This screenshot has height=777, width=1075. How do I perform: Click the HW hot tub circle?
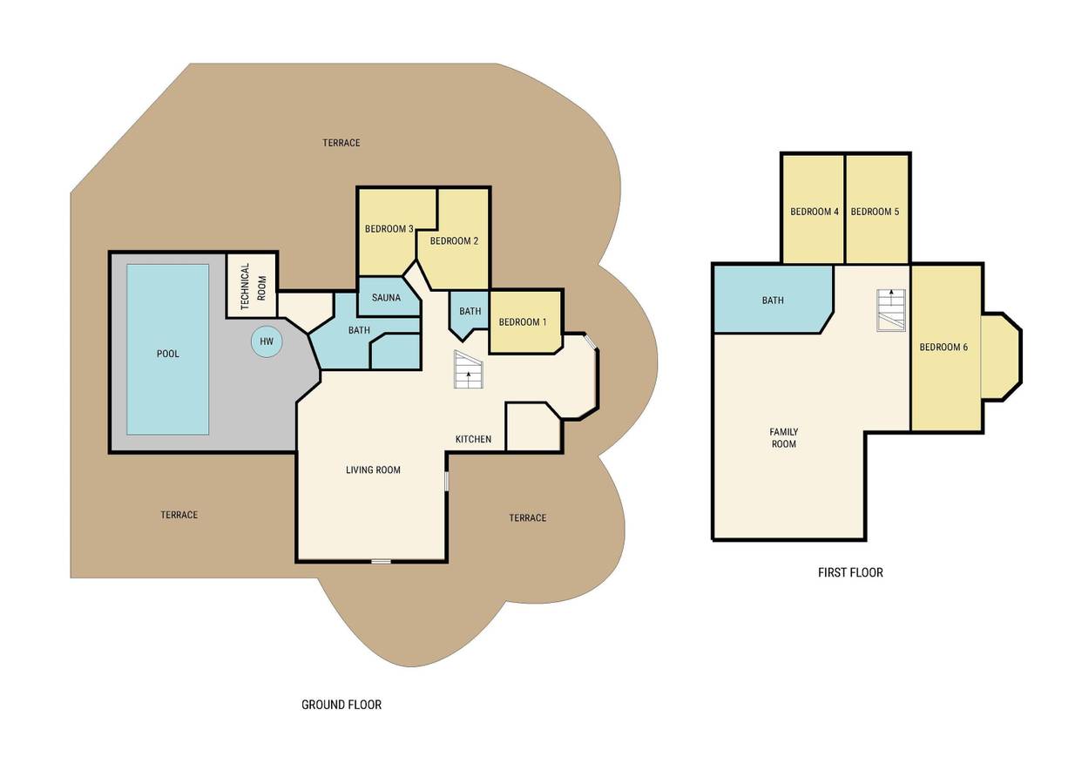point(267,341)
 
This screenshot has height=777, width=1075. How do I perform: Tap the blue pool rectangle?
point(168,349)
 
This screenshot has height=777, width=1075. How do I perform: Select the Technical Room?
point(252,286)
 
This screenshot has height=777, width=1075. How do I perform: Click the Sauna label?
point(386,298)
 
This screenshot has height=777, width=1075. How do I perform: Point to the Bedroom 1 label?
point(523,322)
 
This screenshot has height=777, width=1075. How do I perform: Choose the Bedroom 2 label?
point(454,241)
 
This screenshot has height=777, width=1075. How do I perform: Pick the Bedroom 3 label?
point(389,229)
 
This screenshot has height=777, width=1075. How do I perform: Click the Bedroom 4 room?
point(814,209)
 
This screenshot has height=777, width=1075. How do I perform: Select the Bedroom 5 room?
point(876,209)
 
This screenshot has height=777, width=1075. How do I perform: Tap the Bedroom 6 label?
point(943,347)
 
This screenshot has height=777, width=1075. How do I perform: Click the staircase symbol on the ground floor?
point(469,369)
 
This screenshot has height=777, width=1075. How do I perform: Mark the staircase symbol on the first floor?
point(891,310)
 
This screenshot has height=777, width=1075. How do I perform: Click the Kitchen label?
point(473,439)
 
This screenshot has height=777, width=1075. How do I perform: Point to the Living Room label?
point(374,470)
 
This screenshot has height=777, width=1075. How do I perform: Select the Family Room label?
point(784,437)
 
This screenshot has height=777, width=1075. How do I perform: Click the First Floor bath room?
point(773,300)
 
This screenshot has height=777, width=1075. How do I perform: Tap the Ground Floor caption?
point(341,705)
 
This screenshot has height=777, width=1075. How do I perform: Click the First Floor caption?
point(850,572)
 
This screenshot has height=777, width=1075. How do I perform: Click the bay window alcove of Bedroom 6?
point(1000,356)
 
